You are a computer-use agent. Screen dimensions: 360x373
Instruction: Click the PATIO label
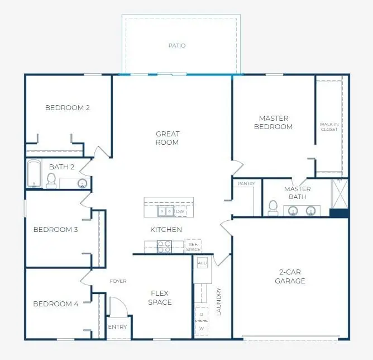(177, 45)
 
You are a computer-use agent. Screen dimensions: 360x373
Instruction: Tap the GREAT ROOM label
(168, 138)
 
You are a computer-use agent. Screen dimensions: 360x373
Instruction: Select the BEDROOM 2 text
(68, 108)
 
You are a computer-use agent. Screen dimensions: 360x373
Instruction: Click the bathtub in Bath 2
(34, 174)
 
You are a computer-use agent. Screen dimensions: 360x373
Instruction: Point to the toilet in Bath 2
(51, 180)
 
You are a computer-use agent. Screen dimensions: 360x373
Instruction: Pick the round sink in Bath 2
(82, 183)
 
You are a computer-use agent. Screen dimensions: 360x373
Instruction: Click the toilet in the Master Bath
(273, 207)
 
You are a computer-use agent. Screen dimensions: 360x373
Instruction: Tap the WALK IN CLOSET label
(328, 127)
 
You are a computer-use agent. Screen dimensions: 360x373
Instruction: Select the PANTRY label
(246, 183)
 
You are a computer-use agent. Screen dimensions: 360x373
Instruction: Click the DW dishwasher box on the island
(180, 212)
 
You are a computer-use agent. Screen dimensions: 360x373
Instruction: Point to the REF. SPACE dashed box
(193, 246)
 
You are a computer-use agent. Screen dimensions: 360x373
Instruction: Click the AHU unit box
(202, 263)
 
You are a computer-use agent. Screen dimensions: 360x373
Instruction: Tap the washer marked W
(201, 329)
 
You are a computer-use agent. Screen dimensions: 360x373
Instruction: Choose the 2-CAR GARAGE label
(290, 277)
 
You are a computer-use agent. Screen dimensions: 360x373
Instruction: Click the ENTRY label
(118, 327)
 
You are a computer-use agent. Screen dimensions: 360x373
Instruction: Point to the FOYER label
(118, 281)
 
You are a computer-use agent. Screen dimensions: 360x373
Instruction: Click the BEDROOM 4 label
(56, 304)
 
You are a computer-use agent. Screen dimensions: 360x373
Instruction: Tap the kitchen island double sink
(165, 211)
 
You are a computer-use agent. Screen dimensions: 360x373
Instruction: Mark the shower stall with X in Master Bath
(339, 193)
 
